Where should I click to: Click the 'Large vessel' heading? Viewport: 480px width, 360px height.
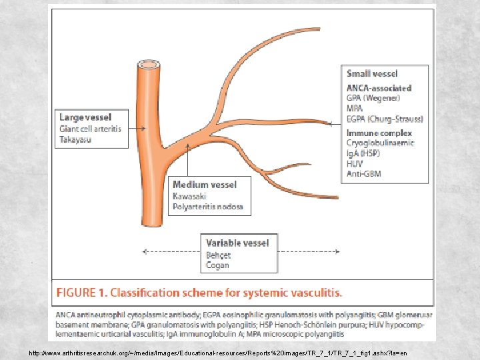pyautogui.click(x=85, y=118)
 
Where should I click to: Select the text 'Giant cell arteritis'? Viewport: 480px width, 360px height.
pyautogui.click(x=91, y=129)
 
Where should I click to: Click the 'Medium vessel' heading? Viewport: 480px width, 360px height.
pyautogui.click(x=204, y=185)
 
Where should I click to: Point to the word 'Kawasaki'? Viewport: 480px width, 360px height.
pyautogui.click(x=189, y=196)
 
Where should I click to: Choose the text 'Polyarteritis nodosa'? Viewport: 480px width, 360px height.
pyautogui.click(x=208, y=207)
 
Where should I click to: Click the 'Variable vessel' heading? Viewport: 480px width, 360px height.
pyautogui.click(x=237, y=243)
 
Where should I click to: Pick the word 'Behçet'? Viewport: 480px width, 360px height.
pyautogui.click(x=218, y=255)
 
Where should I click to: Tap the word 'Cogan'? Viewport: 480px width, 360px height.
pyautogui.click(x=217, y=265)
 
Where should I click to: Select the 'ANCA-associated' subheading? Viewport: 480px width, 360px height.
pyautogui.click(x=379, y=88)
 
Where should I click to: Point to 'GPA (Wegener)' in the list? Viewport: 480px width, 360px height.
pyautogui.click(x=373, y=98)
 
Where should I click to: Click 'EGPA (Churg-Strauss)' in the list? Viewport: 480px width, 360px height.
pyautogui.click(x=385, y=119)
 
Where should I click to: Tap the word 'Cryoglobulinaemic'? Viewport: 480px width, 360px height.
pyautogui.click(x=380, y=143)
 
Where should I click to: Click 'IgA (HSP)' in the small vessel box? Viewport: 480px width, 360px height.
pyautogui.click(x=364, y=153)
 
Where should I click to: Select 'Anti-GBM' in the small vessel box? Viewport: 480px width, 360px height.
pyautogui.click(x=364, y=174)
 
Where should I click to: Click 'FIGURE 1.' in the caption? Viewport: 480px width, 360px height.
pyautogui.click(x=81, y=293)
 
